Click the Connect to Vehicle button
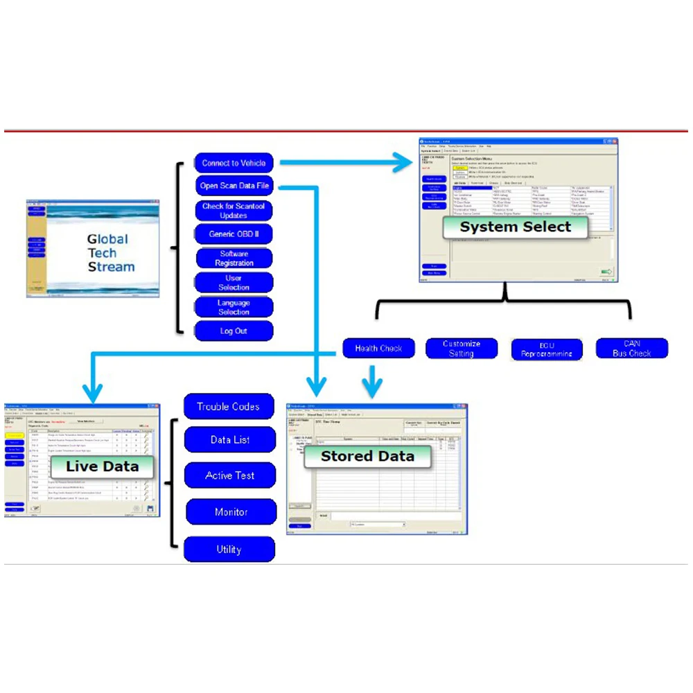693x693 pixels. [234, 164]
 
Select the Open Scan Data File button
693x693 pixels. [234, 186]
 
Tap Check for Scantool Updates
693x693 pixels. [234, 211]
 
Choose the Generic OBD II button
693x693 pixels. [234, 234]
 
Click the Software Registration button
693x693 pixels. [234, 258]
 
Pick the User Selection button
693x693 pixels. [234, 283]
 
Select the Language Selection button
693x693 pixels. [234, 307]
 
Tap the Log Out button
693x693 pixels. [234, 331]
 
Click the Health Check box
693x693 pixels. [378, 349]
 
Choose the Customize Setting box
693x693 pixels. [462, 349]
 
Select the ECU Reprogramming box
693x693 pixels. [547, 349]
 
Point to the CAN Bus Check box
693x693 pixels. [631, 349]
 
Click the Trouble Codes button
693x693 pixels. [228, 407]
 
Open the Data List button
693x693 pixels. [230, 440]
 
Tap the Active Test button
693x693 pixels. [230, 476]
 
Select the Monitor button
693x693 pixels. [230, 512]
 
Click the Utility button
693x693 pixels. [229, 550]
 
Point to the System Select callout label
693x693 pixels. [516, 227]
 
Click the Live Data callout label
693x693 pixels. [102, 466]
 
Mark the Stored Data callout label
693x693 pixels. [367, 456]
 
